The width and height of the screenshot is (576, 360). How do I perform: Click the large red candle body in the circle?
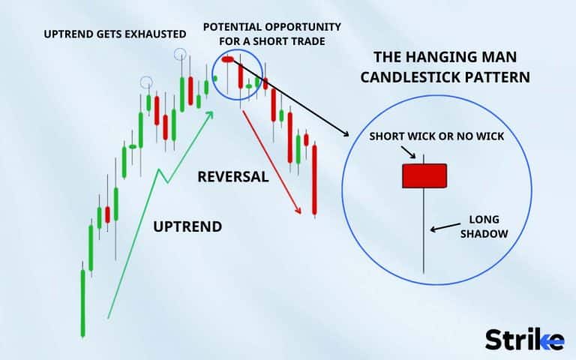tap(424, 175)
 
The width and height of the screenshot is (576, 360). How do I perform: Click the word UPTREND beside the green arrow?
tap(187, 226)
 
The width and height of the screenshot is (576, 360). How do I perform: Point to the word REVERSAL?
tap(232, 177)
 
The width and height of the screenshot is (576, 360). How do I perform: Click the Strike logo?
tap(524, 339)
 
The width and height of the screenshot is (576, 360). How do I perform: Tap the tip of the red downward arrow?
tap(301, 213)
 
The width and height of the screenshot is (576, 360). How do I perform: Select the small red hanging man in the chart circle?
tap(229, 59)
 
